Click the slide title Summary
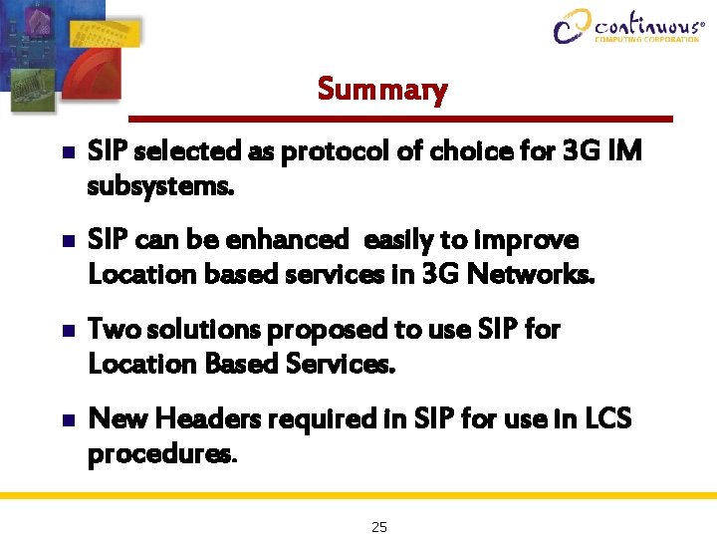[x=382, y=90]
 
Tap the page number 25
[x=378, y=527]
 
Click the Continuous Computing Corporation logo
[x=626, y=26]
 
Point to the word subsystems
[x=161, y=186]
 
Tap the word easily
[x=400, y=241]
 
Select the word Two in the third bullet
[x=112, y=330]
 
